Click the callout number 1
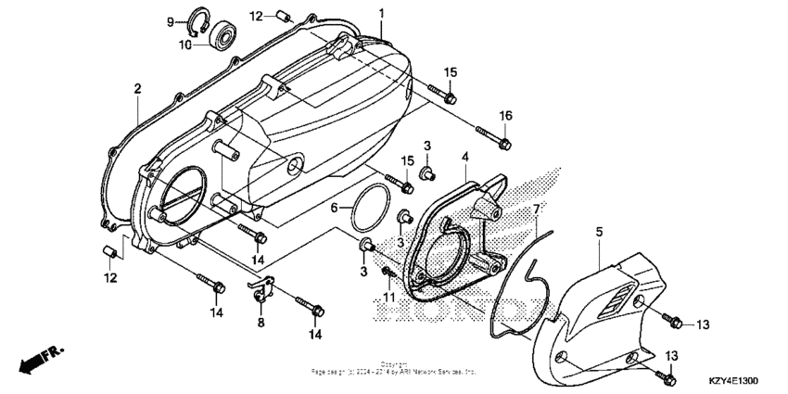[380, 11]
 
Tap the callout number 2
[136, 88]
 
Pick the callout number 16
[505, 115]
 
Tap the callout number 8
[261, 323]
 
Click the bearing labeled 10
[223, 38]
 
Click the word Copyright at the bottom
[393, 364]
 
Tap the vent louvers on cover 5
[617, 298]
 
